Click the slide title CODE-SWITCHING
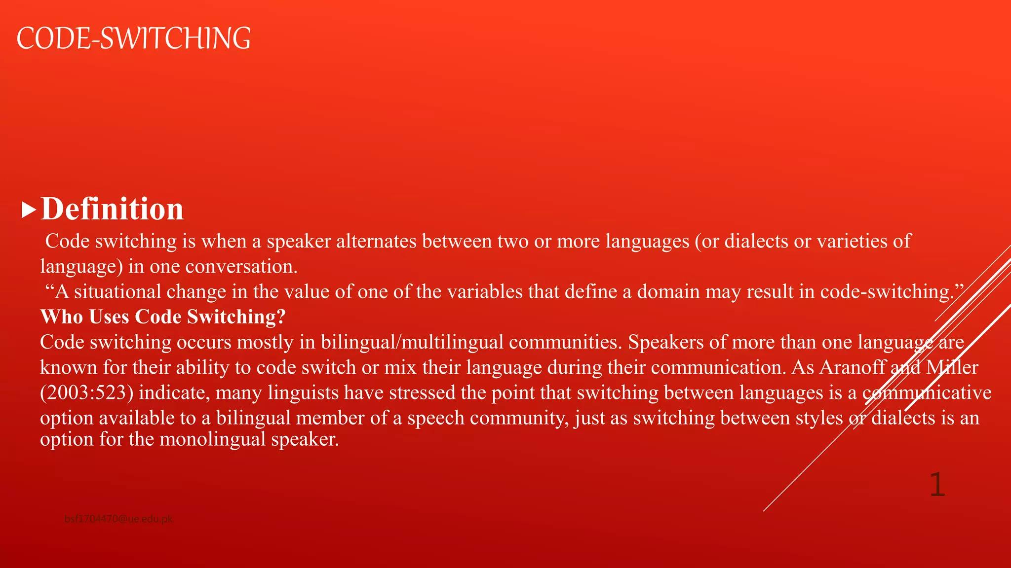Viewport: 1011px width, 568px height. tap(133, 38)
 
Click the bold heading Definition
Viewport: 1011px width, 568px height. tap(112, 209)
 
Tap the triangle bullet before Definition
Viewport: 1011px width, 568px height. tap(29, 211)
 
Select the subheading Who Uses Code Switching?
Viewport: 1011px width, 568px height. tap(163, 317)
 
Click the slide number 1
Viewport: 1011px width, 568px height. tap(937, 485)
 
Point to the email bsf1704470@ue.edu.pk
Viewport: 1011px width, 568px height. tap(118, 519)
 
